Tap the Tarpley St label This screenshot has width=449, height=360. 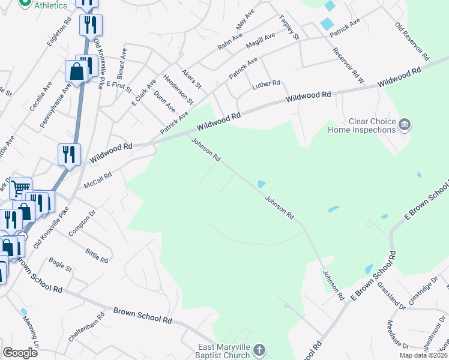pos(289,28)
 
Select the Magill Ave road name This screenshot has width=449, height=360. pos(261,44)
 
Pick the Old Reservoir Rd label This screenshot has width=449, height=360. pos(412,41)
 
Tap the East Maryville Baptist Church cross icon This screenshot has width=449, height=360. pos(259,349)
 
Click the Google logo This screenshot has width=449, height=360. pos(20,353)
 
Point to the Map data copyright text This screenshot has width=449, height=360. pos(423,355)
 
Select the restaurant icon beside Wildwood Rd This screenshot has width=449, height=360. pos(69,154)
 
